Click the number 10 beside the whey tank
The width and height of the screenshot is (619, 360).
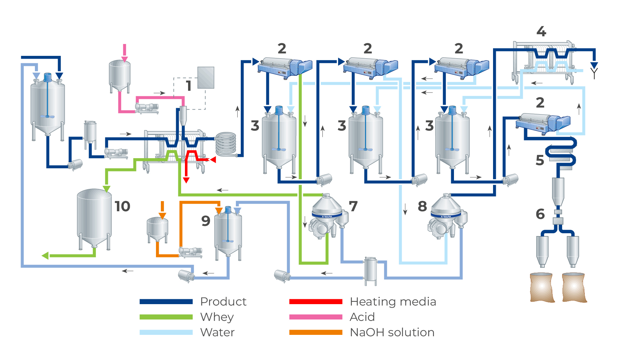[122, 206]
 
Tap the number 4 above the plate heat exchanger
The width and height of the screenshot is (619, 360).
[541, 32]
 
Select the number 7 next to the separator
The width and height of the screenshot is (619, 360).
[353, 206]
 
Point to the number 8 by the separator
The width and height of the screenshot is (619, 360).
[422, 206]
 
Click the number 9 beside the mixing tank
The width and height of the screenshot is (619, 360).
[206, 221]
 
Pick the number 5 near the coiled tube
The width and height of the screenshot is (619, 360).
[540, 160]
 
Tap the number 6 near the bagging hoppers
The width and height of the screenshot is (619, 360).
[540, 214]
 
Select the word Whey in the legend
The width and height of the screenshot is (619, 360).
[217, 317]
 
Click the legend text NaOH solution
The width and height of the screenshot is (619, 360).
[392, 332]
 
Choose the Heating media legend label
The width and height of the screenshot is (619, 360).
[393, 302]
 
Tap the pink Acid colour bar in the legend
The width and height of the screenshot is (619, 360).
[315, 317]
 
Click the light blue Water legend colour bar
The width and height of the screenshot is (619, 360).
[166, 332]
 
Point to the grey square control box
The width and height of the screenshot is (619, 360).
[206, 78]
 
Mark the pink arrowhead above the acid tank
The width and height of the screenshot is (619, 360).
[125, 59]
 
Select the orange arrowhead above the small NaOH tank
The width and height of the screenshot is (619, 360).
[162, 216]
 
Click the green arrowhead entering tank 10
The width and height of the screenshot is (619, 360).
[107, 189]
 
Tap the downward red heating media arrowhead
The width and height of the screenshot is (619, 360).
[186, 180]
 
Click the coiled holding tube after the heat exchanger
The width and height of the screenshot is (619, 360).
[226, 144]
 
